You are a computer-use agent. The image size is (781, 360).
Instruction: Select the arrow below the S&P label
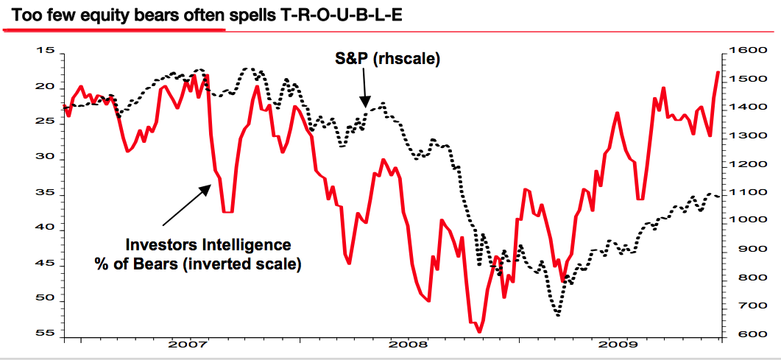tap(364, 93)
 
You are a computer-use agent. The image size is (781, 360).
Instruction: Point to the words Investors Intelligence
tap(208, 244)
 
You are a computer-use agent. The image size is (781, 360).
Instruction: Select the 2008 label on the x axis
tap(404, 344)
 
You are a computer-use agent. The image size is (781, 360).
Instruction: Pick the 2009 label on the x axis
tap(618, 344)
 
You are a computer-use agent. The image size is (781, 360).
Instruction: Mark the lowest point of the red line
tap(479, 332)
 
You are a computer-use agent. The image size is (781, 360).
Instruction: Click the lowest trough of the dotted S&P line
tap(558, 315)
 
